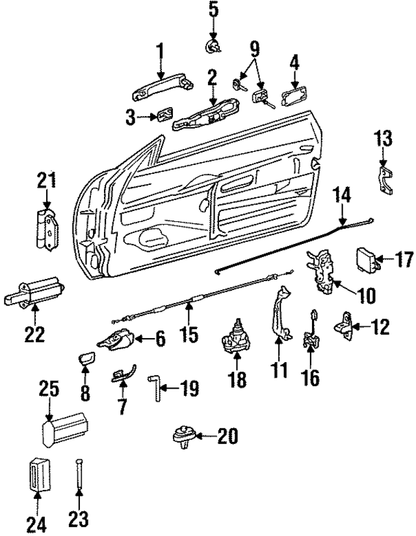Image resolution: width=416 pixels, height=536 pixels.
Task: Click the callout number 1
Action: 159,51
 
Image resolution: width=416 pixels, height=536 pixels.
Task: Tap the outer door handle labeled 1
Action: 162,87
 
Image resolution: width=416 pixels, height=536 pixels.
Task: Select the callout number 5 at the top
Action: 214,10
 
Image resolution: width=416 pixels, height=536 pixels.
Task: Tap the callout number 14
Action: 343,195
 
